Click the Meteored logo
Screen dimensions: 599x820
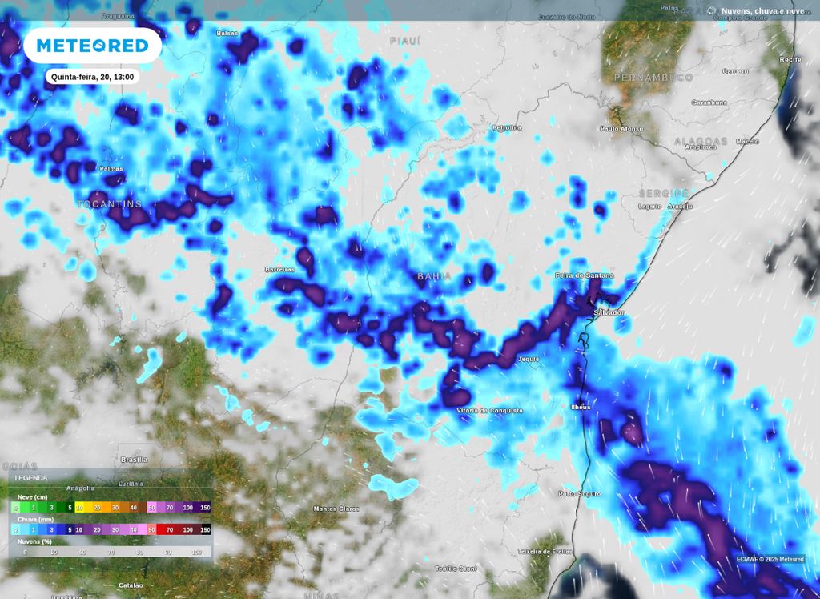pyautogui.click(x=92, y=46)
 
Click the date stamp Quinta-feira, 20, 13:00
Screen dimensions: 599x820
pyautogui.click(x=91, y=77)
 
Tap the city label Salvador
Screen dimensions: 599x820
pyautogui.click(x=609, y=312)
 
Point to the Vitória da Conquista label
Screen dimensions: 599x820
pyautogui.click(x=489, y=410)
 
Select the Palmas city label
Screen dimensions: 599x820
pyautogui.click(x=111, y=169)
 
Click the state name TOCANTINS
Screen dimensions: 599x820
pyautogui.click(x=110, y=204)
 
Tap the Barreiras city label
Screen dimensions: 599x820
pyautogui.click(x=280, y=270)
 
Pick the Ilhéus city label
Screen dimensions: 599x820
pyautogui.click(x=581, y=407)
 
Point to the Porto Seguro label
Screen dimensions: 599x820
pyautogui.click(x=579, y=493)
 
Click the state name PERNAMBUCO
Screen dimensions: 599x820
pyautogui.click(x=653, y=78)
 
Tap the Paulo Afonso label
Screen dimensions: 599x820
pyautogui.click(x=621, y=128)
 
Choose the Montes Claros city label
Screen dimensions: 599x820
pyautogui.click(x=336, y=509)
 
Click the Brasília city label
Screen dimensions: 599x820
pyautogui.click(x=134, y=460)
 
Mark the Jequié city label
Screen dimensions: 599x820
pyautogui.click(x=529, y=360)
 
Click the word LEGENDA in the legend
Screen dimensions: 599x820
pyautogui.click(x=31, y=478)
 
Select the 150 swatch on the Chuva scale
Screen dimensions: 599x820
pyautogui.click(x=205, y=529)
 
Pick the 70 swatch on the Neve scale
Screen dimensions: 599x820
pyautogui.click(x=168, y=507)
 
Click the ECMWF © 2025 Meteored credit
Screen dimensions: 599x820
pyautogui.click(x=770, y=559)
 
